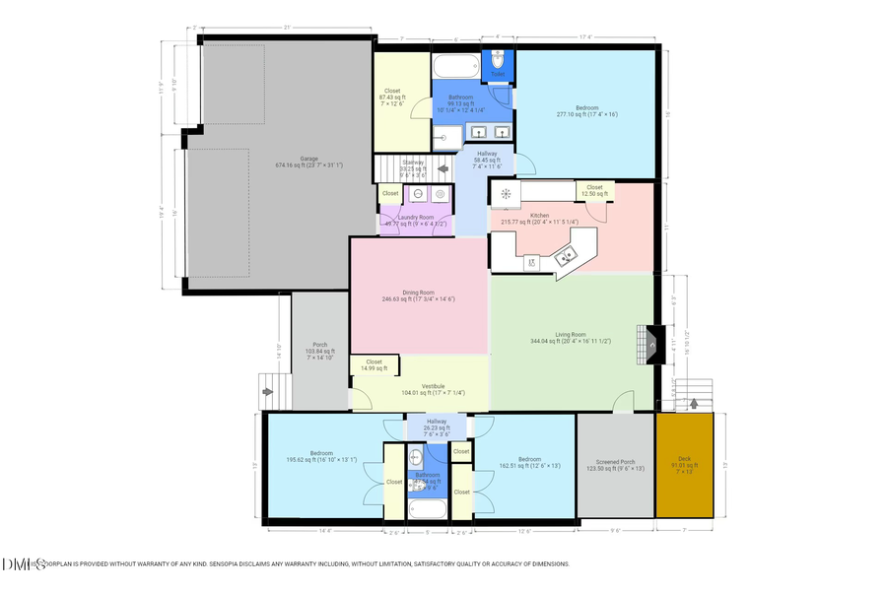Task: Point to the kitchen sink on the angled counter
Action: pyautogui.click(x=567, y=258)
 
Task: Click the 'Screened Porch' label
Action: pyautogui.click(x=615, y=464)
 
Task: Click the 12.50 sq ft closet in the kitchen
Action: pyautogui.click(x=594, y=190)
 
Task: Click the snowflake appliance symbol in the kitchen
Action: pyautogui.click(x=506, y=194)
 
